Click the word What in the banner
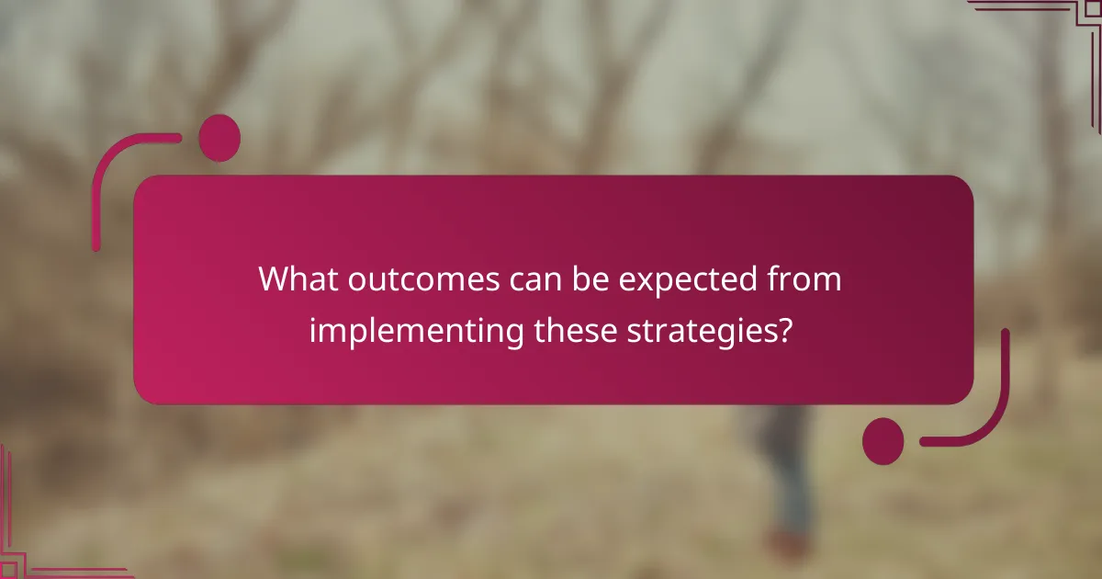click(x=298, y=279)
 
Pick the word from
click(x=807, y=279)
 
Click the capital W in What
click(x=275, y=279)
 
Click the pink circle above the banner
click(x=219, y=138)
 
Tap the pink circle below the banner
click(x=883, y=440)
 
